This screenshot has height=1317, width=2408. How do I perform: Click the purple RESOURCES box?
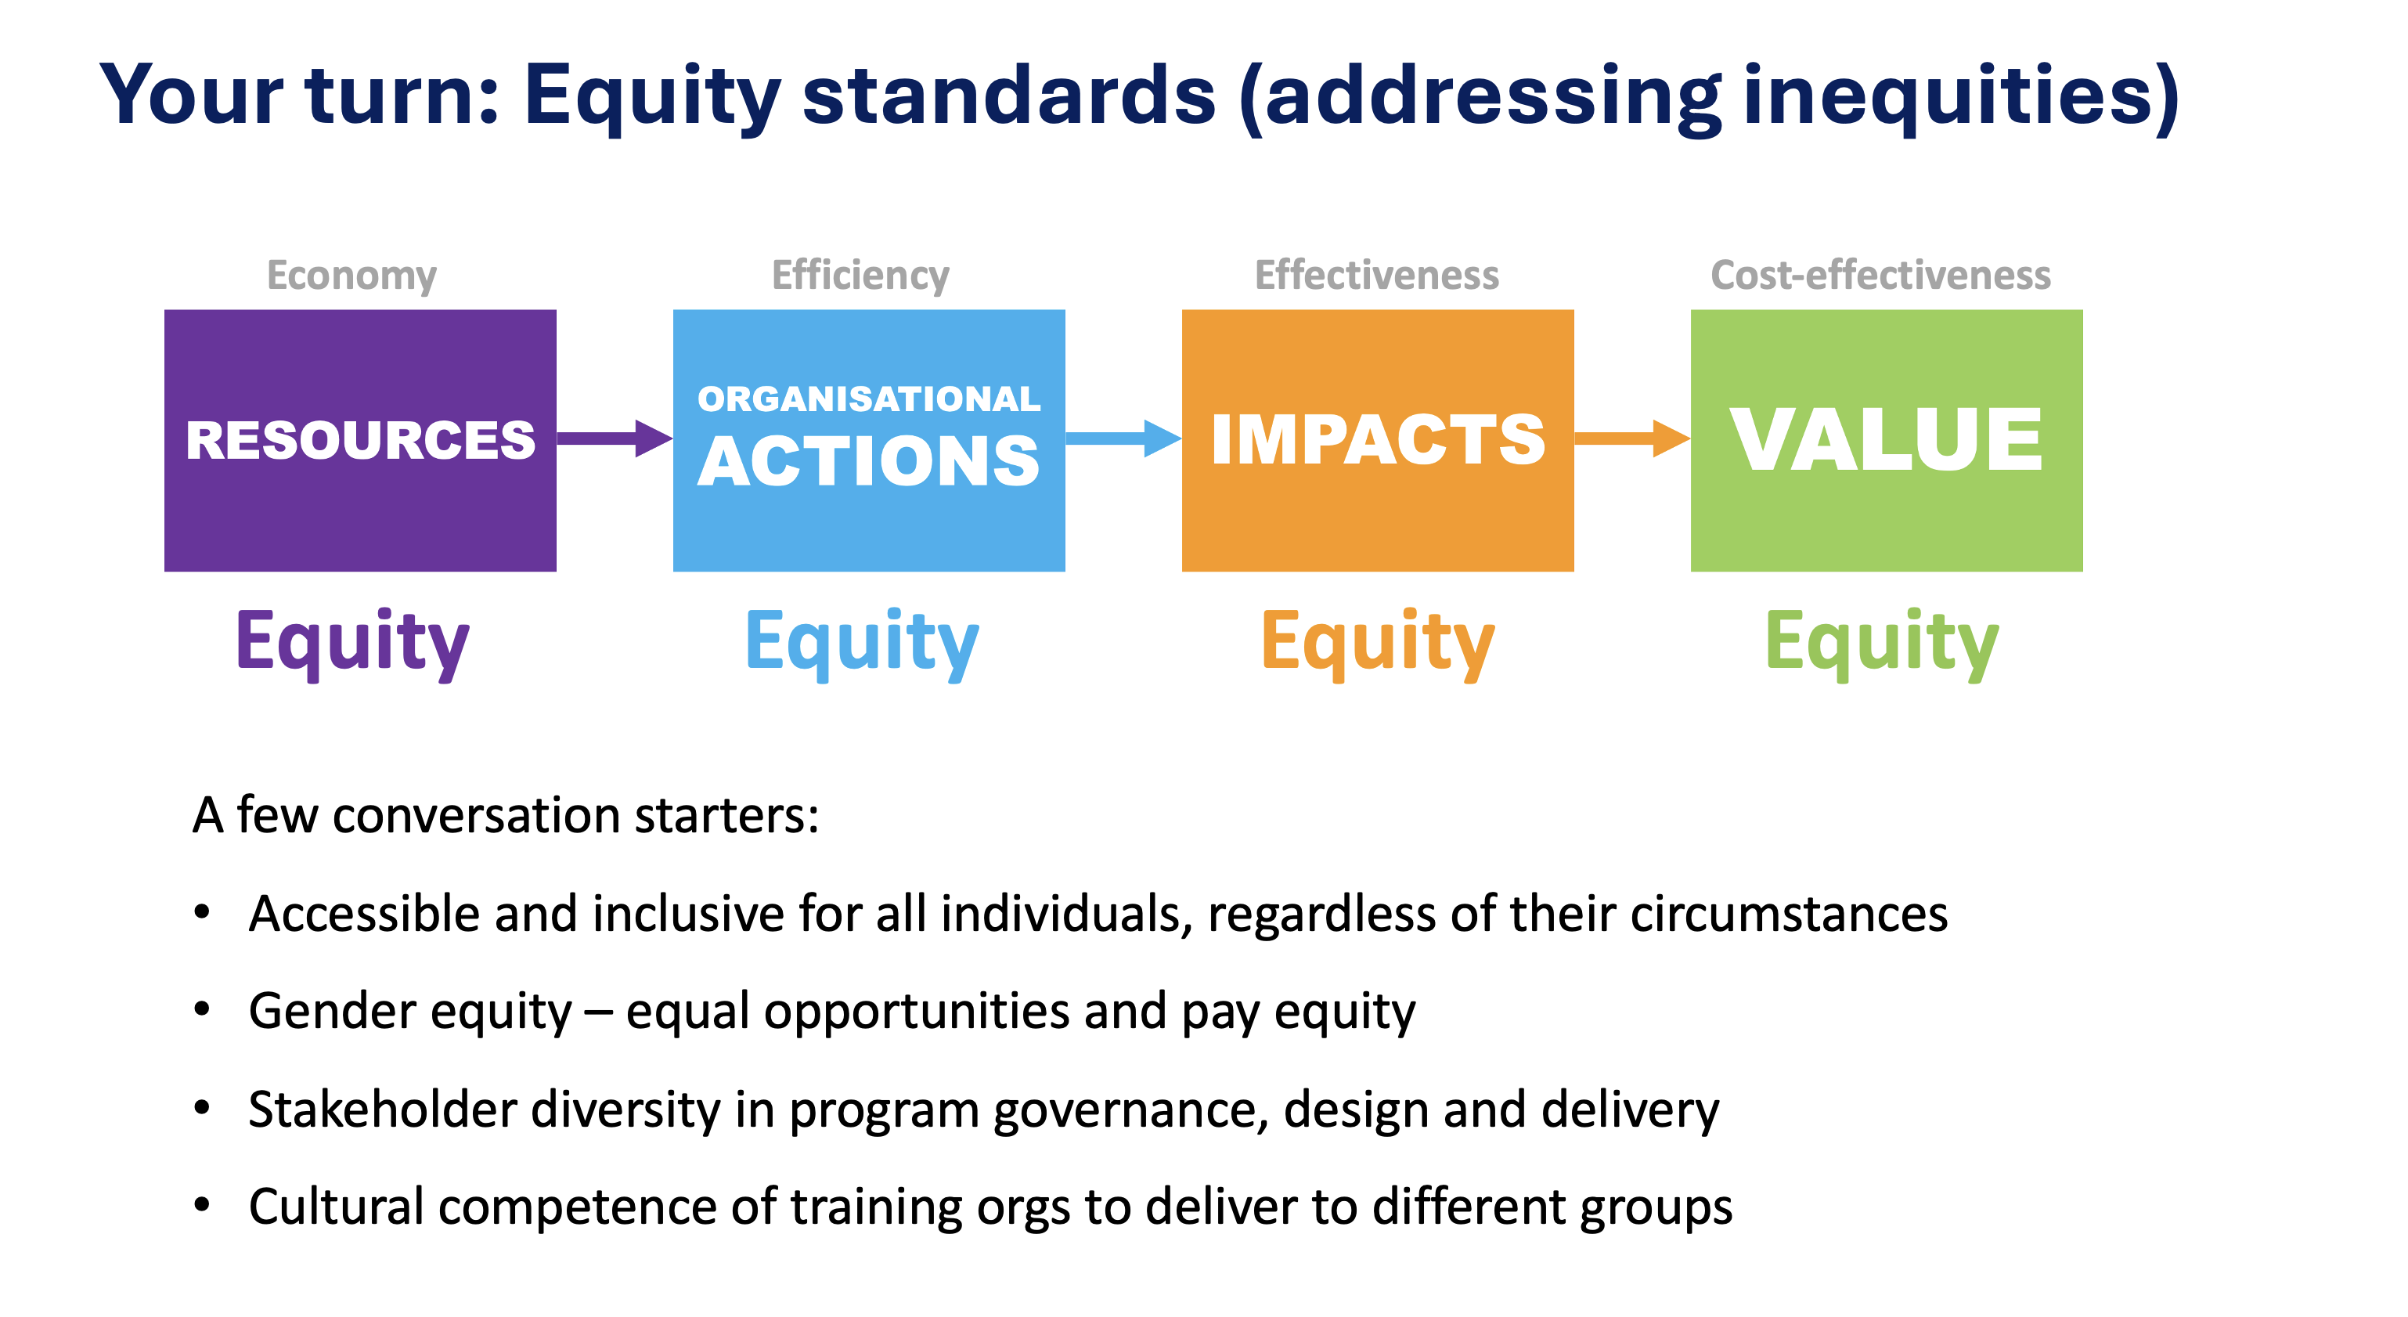click(x=360, y=440)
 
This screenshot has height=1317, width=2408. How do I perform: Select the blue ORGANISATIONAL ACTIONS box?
click(x=868, y=440)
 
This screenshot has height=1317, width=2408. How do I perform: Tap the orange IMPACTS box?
click(x=1378, y=440)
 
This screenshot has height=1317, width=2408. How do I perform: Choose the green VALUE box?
click(x=1887, y=440)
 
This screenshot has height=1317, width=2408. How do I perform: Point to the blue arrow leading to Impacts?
click(x=1123, y=438)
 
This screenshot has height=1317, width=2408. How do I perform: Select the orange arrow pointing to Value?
click(x=1632, y=438)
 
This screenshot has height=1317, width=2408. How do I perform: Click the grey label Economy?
click(x=351, y=276)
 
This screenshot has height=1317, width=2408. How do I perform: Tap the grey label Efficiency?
click(x=860, y=276)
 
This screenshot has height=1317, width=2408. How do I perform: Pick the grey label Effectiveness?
click(x=1377, y=275)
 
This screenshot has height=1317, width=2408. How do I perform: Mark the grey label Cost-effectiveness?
click(x=1881, y=275)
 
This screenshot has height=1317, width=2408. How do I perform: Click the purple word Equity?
click(x=352, y=643)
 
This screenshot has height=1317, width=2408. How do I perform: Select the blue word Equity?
click(x=862, y=643)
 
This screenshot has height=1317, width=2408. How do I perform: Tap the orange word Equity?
click(x=1378, y=643)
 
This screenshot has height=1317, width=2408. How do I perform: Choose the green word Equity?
click(x=1882, y=643)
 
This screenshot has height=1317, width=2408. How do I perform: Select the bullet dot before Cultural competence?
click(x=202, y=1206)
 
